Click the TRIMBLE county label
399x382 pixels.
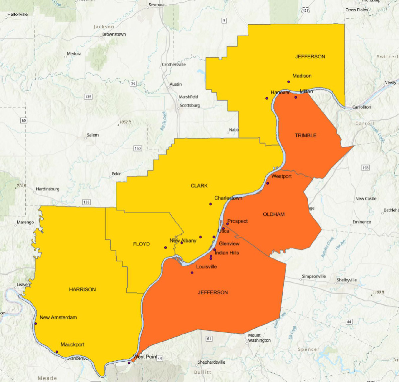tap(305, 136)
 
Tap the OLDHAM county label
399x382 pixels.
tap(274, 214)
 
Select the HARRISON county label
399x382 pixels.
tap(82, 290)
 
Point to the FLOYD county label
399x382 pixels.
tap(141, 244)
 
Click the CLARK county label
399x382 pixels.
tap(199, 186)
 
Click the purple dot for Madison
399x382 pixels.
tap(289, 82)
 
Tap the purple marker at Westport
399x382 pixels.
tap(268, 183)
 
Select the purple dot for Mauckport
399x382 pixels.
tap(57, 352)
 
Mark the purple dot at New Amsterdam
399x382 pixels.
tap(36, 323)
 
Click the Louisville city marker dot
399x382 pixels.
tap(192, 273)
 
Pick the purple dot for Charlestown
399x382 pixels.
tap(210, 204)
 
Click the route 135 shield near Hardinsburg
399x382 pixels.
tap(86, 202)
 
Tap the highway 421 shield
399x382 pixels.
tap(305, 11)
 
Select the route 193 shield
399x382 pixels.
tap(365, 168)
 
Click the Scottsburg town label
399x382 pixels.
tap(190, 106)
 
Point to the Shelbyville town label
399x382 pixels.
tap(346, 280)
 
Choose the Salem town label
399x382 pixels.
tap(92, 135)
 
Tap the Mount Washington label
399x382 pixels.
tap(259, 338)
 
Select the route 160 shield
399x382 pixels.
tap(138, 148)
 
